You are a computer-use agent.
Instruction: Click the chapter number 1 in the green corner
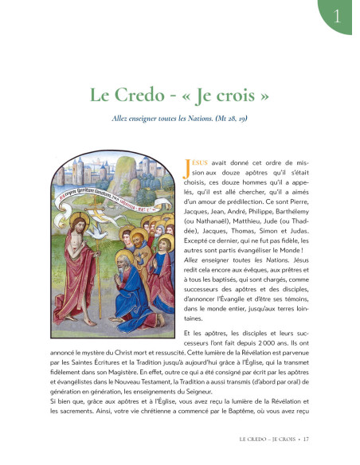tap(341, 14)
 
